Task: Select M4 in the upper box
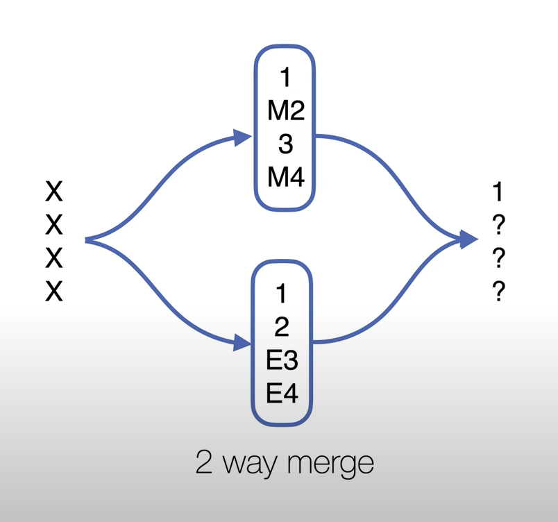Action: [x=285, y=178]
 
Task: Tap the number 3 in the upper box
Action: [x=285, y=144]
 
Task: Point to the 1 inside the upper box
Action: [x=285, y=78]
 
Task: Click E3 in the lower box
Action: [x=282, y=360]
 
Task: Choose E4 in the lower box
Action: [x=282, y=394]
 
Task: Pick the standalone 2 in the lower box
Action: [x=282, y=327]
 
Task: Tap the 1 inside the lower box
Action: [x=281, y=294]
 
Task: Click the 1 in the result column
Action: [x=497, y=192]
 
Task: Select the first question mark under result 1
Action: [x=498, y=225]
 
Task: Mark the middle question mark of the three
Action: [x=498, y=258]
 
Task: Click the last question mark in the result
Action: [x=498, y=292]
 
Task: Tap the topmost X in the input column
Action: [x=54, y=191]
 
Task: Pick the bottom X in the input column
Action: [x=54, y=292]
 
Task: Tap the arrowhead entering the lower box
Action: [x=242, y=342]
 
